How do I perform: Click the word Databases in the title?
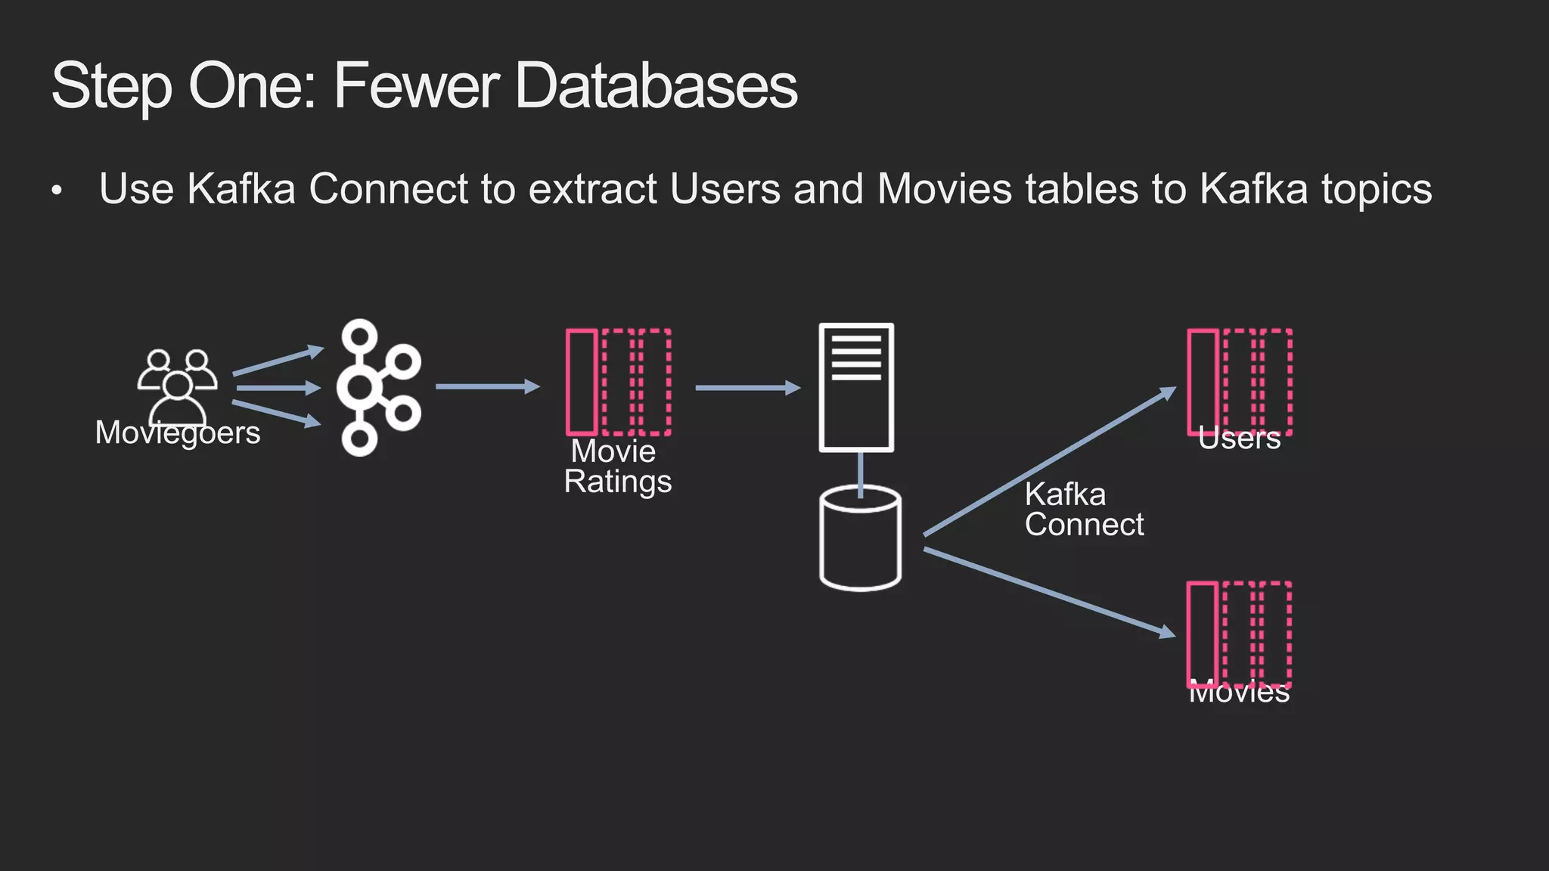pos(656,85)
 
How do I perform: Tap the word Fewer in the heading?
pos(415,85)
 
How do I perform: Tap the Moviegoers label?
pos(178,433)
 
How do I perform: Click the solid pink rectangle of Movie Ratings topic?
pos(582,383)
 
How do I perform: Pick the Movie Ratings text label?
pos(617,466)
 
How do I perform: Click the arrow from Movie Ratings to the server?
pos(747,388)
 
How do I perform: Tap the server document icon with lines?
pos(856,387)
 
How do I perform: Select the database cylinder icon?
pos(860,538)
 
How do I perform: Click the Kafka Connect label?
pos(1083,510)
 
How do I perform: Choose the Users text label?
pos(1239,439)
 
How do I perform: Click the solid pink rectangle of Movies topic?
pos(1203,633)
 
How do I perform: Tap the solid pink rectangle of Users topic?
pos(1203,382)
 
